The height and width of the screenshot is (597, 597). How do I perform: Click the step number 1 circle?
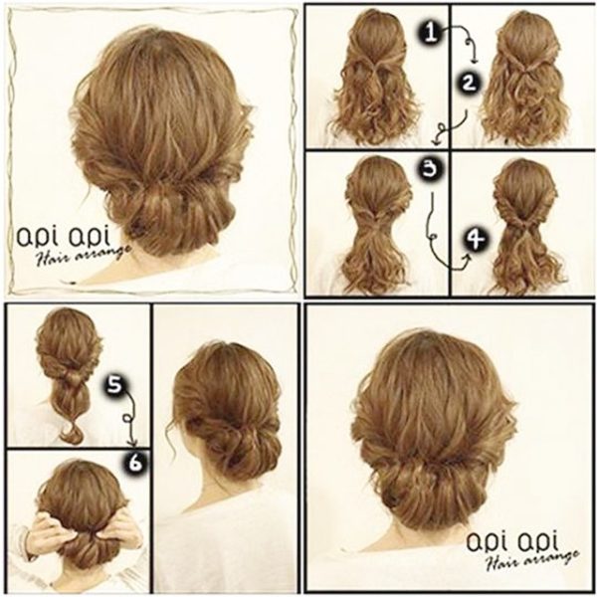click(431, 32)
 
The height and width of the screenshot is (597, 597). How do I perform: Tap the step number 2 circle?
click(469, 83)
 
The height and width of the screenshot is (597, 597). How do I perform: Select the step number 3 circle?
click(430, 169)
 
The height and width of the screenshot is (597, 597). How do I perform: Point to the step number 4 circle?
click(477, 240)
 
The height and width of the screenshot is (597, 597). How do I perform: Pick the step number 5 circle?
click(113, 385)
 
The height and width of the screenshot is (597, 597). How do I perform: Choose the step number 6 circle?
click(134, 464)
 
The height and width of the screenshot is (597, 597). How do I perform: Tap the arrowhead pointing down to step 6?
click(132, 443)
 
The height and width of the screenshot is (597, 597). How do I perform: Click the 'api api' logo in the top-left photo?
click(64, 238)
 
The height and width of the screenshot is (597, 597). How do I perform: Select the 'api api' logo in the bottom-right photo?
click(512, 542)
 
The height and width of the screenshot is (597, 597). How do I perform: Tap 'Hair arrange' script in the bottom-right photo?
click(532, 560)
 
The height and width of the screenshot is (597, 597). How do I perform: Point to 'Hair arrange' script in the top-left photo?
click(83, 255)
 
